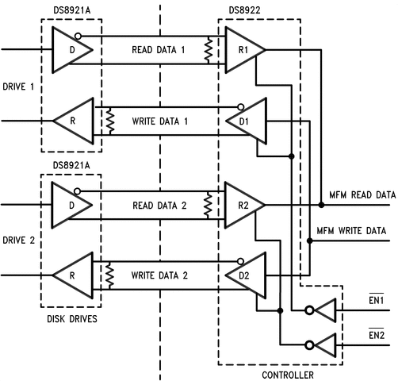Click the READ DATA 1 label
tap(159, 50)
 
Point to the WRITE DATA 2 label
tap(159, 275)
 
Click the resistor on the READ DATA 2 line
tap(209, 205)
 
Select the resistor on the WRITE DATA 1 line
tap(110, 121)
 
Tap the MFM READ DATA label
tap(362, 195)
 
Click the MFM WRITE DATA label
tap(351, 230)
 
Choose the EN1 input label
tap(377, 300)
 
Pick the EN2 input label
tap(377, 335)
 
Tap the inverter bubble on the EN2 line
tap(309, 345)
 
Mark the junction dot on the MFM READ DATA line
tap(321, 205)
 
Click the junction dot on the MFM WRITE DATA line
tap(310, 241)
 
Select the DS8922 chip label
tap(244, 10)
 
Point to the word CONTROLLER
tap(288, 375)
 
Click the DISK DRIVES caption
tap(72, 319)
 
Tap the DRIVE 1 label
tap(18, 87)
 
